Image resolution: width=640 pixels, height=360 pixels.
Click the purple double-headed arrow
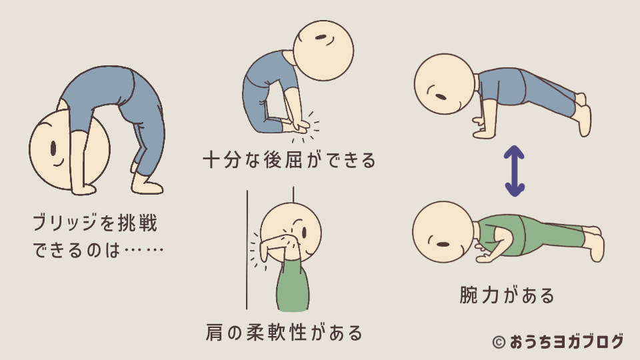coord(513,172)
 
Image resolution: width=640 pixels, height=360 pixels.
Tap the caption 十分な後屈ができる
coord(289,160)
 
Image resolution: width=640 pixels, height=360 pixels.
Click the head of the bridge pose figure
coord(69,151)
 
